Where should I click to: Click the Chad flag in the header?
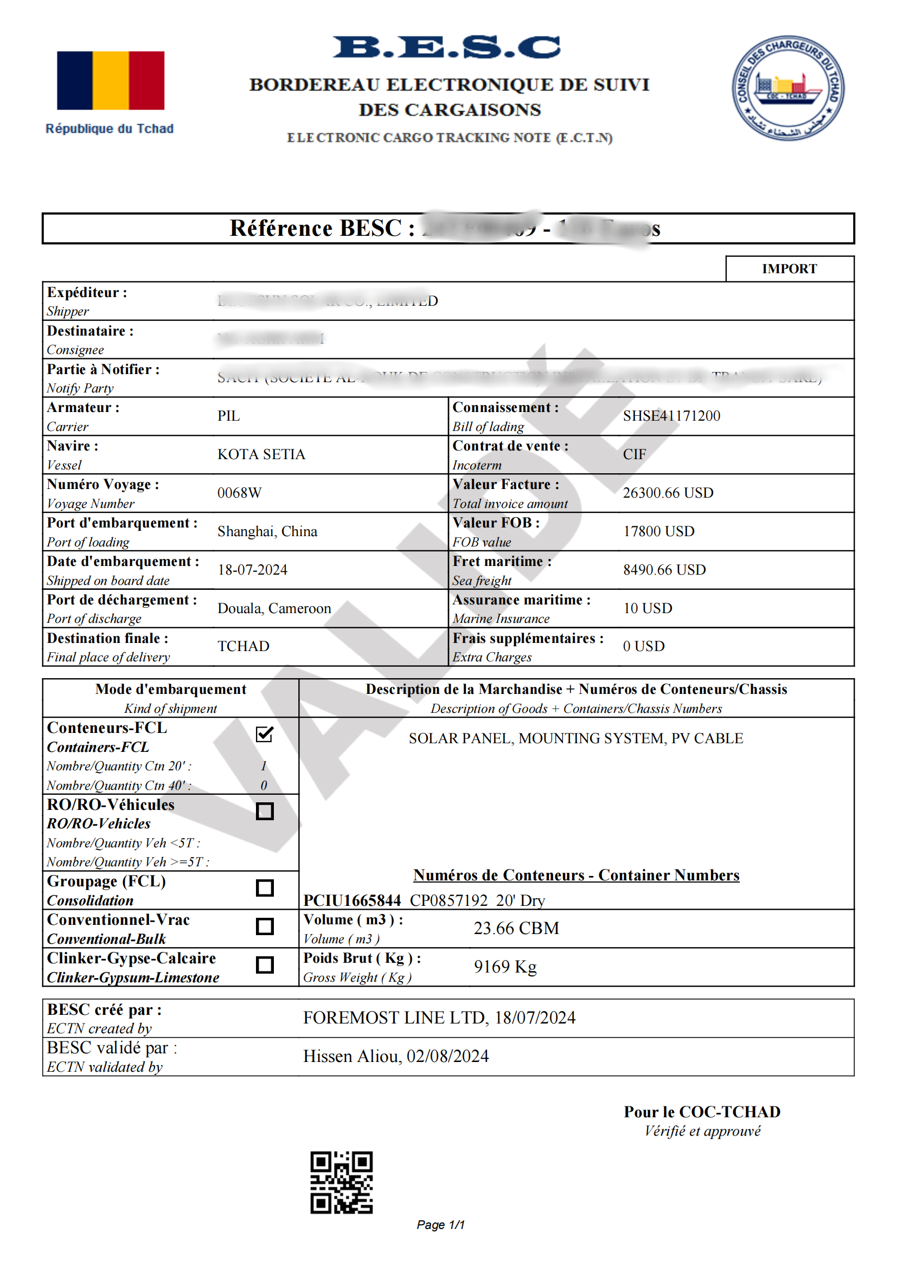[x=111, y=81]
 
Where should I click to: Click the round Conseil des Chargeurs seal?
[x=787, y=88]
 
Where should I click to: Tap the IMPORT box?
[x=789, y=269]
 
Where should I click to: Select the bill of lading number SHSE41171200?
[x=671, y=416]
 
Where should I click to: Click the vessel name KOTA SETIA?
[x=261, y=454]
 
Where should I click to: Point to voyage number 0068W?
[x=239, y=493]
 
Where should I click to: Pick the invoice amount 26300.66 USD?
[x=668, y=493]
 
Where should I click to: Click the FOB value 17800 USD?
[x=658, y=531]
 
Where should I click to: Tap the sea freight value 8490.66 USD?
[x=664, y=570]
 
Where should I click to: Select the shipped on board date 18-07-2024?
[x=252, y=570]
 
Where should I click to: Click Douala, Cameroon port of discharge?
[x=274, y=608]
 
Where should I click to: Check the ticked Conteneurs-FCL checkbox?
[x=265, y=735]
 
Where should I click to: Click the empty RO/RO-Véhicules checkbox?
[x=265, y=812]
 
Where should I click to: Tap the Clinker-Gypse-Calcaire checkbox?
[x=265, y=965]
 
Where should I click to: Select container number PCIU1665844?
[x=352, y=901]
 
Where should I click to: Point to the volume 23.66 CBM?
[x=516, y=928]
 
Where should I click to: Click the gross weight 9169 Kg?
[x=505, y=967]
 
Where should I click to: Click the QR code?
[x=341, y=1182]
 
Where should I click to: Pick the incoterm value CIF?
[x=634, y=454]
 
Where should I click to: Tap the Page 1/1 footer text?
[x=440, y=1225]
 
